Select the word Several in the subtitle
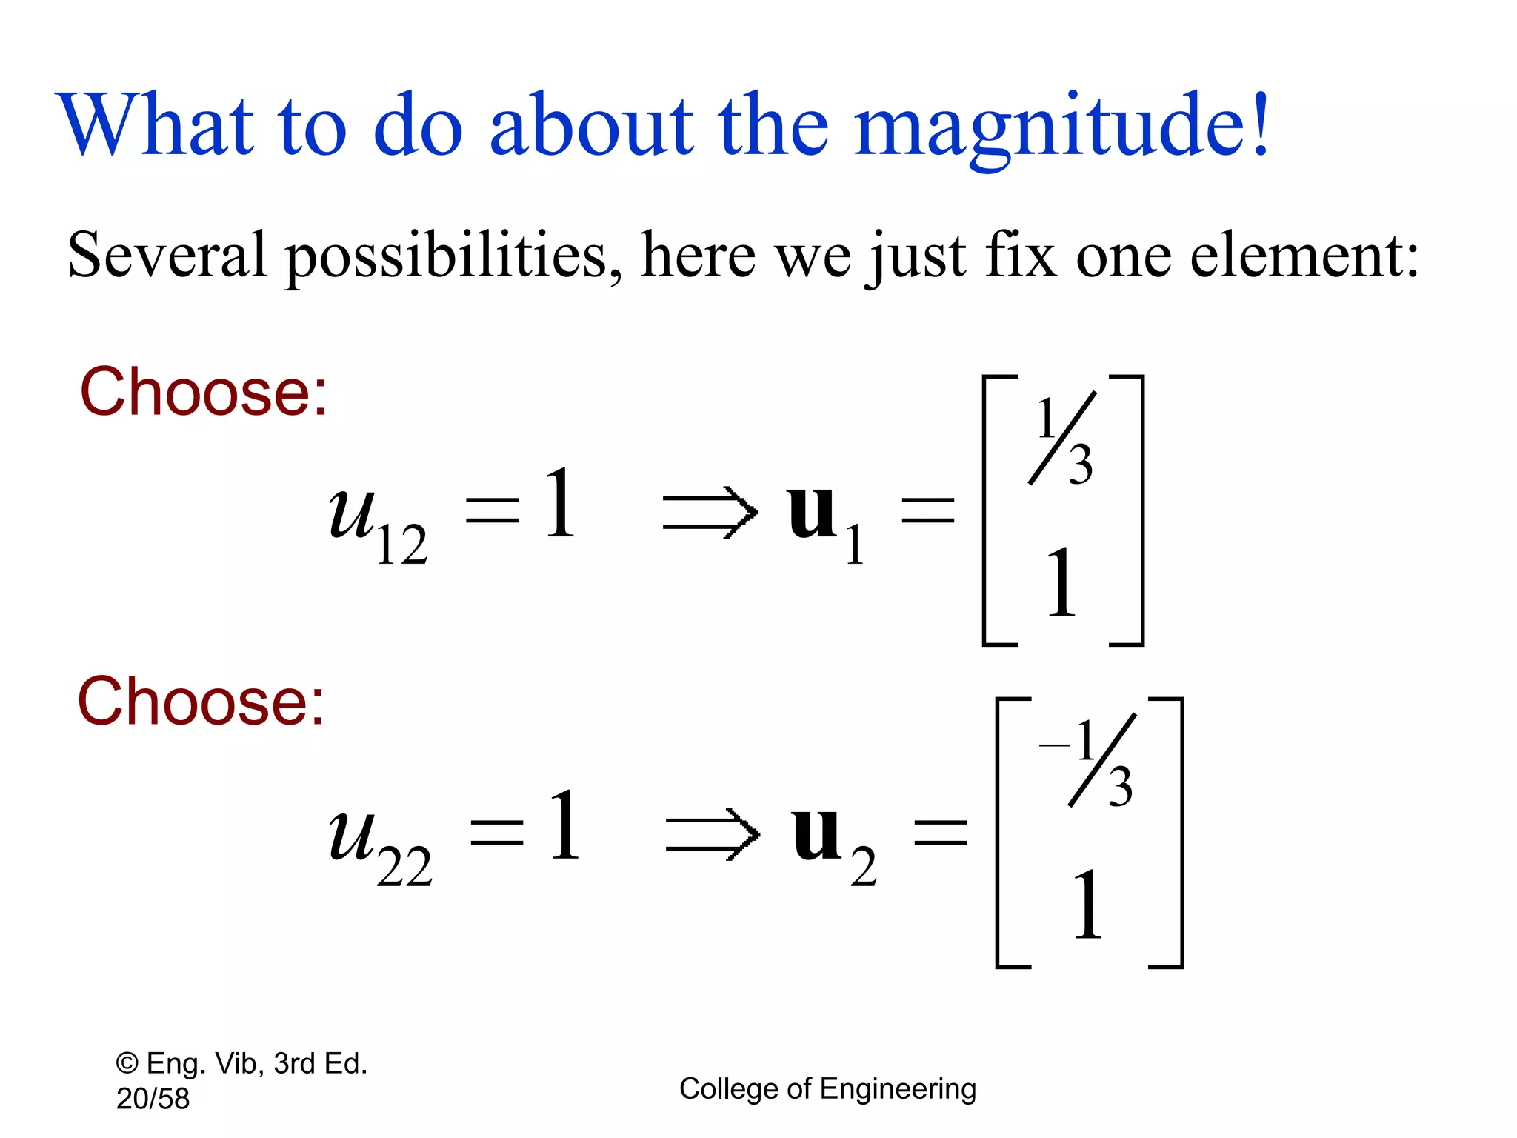(x=167, y=256)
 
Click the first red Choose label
(x=203, y=392)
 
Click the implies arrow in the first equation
(x=710, y=513)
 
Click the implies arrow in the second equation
(x=713, y=834)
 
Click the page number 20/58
(x=153, y=1099)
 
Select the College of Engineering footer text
(x=827, y=1089)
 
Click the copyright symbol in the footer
(x=127, y=1064)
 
